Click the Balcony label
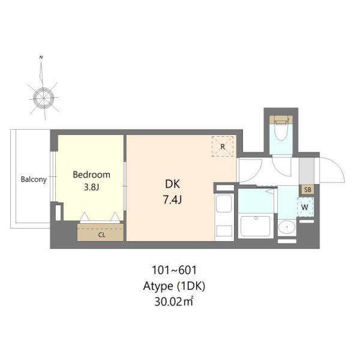point(34,179)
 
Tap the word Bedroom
point(91,175)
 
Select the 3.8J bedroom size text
point(91,187)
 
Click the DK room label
point(172,184)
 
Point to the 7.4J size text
point(172,200)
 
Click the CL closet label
point(101,235)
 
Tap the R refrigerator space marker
point(223,147)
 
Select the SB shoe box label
point(307,190)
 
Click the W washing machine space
point(305,207)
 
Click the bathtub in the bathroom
point(256,226)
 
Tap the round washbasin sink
point(287,227)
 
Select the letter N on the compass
point(41,57)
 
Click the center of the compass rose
point(44,98)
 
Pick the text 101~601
point(174,270)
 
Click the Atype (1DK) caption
point(174,286)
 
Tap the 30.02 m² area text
point(174,301)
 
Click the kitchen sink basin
point(224,203)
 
